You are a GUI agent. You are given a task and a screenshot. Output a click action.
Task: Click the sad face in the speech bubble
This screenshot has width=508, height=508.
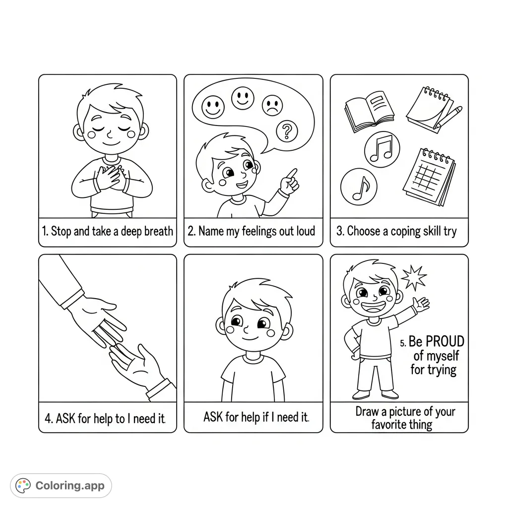click(x=271, y=105)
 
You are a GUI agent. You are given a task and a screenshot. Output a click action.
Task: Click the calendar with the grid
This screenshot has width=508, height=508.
click(x=430, y=177)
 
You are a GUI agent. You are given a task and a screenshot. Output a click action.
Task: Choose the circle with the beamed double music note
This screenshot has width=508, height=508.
click(x=382, y=148)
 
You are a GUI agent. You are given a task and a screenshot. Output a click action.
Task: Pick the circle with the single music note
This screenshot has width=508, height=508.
click(x=358, y=187)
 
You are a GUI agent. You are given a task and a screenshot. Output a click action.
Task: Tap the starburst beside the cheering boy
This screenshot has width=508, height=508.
click(x=414, y=277)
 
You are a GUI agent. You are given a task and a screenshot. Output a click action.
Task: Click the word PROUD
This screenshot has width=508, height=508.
click(x=445, y=341)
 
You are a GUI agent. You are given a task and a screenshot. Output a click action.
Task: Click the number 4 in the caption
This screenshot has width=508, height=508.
click(x=48, y=419)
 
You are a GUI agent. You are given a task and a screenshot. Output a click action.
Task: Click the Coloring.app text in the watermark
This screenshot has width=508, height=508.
click(x=70, y=485)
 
